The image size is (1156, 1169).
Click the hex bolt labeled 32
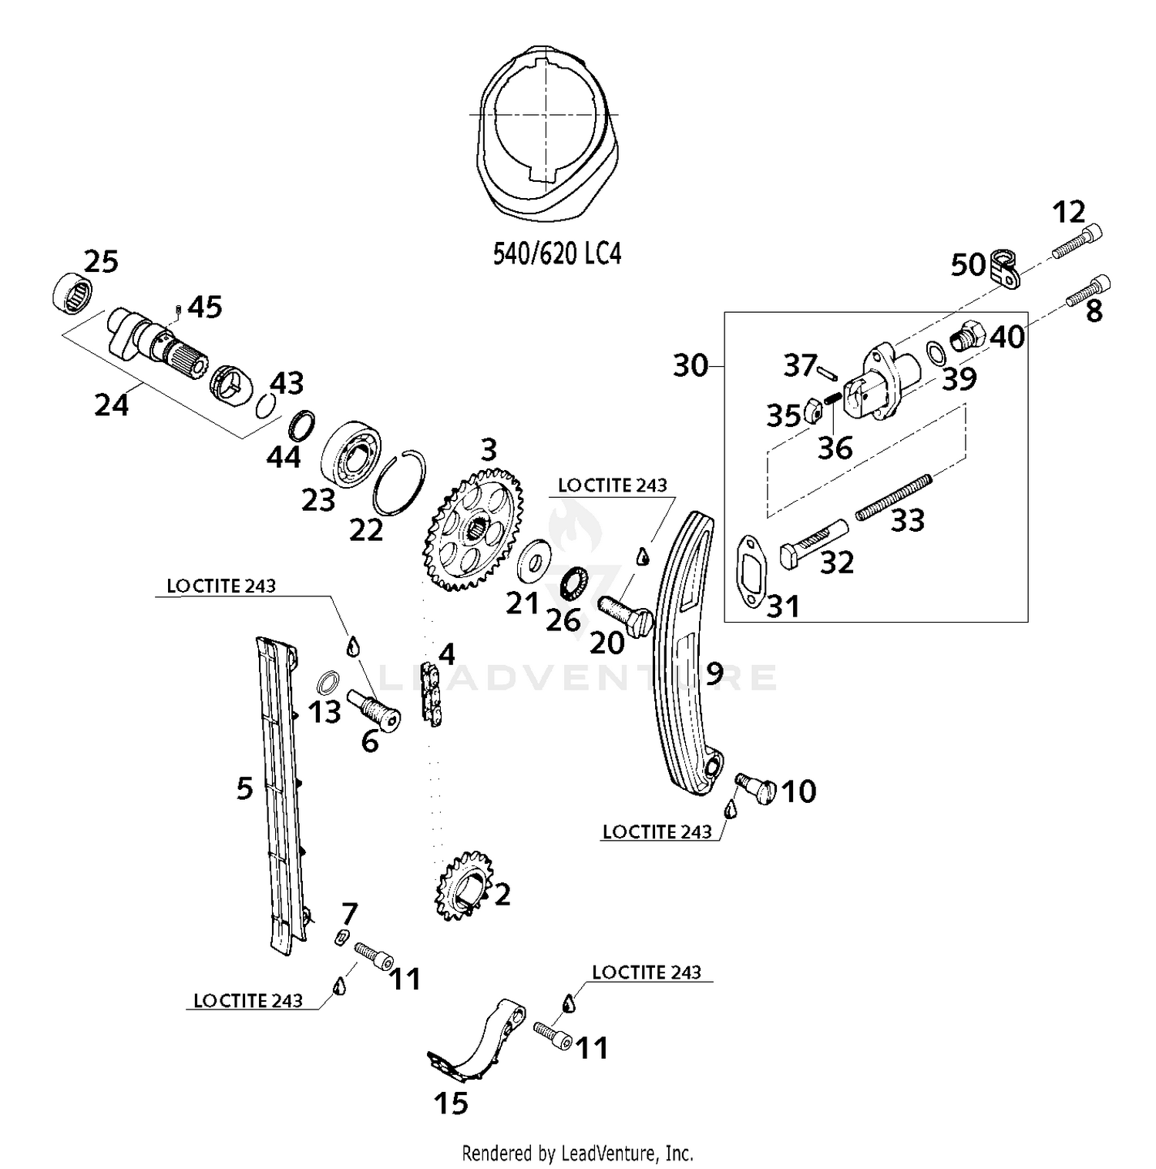pos(813,543)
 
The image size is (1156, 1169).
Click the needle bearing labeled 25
pos(72,293)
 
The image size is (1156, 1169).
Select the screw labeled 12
pos(1077,240)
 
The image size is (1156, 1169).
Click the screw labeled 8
pos(1088,291)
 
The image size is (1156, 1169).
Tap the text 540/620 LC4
pos(556,253)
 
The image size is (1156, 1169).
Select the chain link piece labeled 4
pos(432,695)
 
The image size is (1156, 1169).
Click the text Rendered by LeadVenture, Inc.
pos(577,1154)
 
